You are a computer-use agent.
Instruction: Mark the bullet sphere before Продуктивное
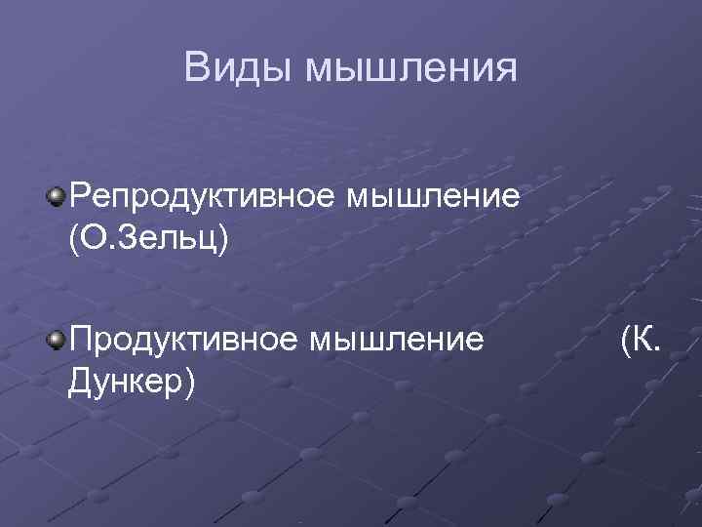56,340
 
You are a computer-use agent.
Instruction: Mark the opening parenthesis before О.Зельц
73,239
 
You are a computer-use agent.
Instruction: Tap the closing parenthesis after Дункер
191,382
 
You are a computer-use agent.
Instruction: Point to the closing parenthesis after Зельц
223,239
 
